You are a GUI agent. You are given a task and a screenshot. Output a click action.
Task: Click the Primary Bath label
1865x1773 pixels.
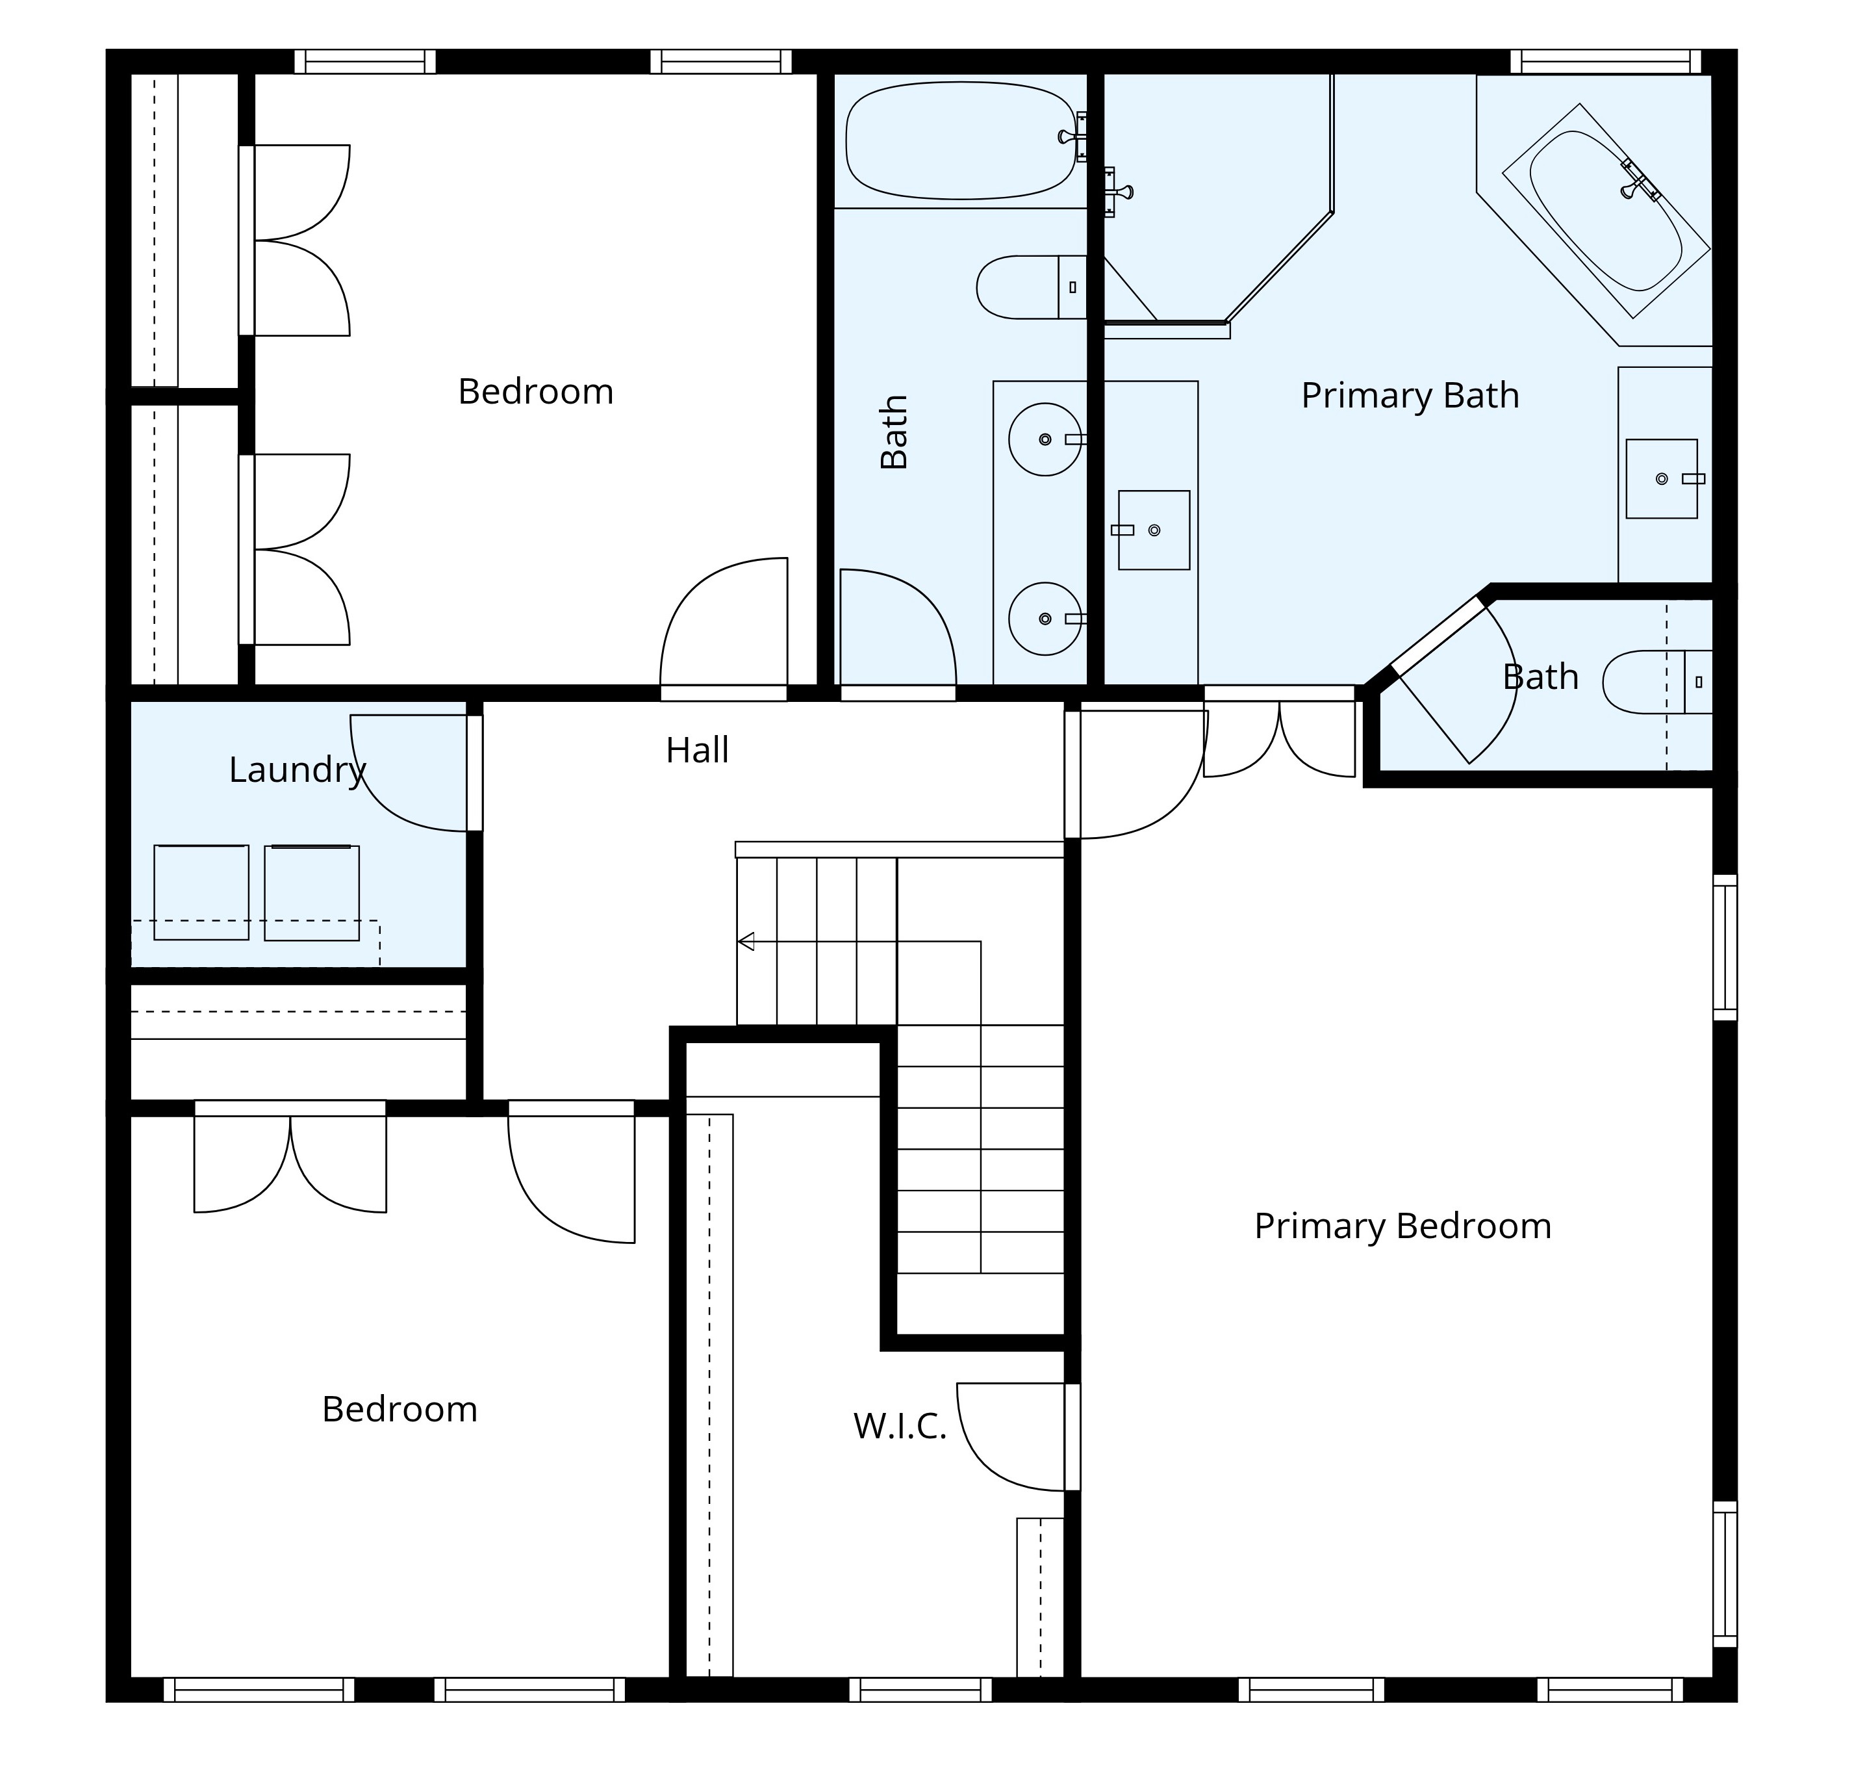pos(1410,395)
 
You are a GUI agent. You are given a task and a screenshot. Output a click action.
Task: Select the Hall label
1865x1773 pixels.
pos(697,751)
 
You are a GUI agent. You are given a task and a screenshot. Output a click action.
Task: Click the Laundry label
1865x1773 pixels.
pos(297,770)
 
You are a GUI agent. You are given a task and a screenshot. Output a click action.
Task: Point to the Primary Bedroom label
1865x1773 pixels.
pos(1402,1226)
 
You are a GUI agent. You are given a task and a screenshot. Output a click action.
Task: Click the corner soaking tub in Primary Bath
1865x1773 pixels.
pos(1605,210)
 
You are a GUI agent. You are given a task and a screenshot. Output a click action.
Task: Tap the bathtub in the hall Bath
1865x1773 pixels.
pos(960,141)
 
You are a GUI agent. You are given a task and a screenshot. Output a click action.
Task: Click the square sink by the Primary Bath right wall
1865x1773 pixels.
pos(1661,478)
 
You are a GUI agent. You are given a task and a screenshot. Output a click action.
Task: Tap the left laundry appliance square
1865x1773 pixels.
pos(201,892)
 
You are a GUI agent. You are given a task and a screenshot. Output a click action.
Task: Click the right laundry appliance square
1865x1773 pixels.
pos(312,892)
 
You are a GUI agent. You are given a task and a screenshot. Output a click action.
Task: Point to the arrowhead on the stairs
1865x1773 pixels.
pos(746,941)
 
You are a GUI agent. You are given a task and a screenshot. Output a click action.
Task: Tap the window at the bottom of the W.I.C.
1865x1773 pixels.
pos(920,1690)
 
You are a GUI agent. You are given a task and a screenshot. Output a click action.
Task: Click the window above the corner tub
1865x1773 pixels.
pos(1605,62)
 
